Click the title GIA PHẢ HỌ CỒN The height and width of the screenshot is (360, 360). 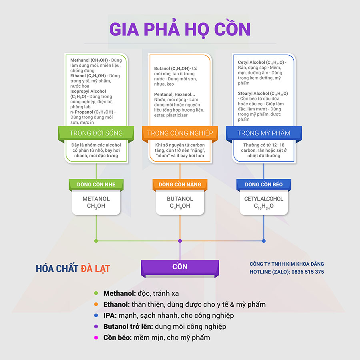(x=180, y=30)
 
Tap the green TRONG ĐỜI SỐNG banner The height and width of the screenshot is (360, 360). (x=96, y=133)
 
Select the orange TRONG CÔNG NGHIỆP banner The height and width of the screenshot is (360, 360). (x=180, y=133)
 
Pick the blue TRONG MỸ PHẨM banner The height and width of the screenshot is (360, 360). (x=264, y=133)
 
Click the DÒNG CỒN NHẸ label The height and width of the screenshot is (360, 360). (x=96, y=184)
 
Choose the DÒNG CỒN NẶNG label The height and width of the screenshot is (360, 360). (x=180, y=184)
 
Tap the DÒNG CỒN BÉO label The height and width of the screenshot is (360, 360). (x=264, y=184)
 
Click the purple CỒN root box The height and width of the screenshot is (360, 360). (x=180, y=267)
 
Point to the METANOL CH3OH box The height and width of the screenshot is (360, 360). (x=96, y=202)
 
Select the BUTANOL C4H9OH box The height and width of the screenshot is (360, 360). (x=180, y=202)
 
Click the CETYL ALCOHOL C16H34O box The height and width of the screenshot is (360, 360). (x=264, y=202)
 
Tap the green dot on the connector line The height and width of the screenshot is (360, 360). (x=96, y=241)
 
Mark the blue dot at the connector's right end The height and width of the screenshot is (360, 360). (x=264, y=241)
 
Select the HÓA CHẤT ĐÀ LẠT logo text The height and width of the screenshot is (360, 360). (x=72, y=269)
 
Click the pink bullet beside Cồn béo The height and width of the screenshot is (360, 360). (x=96, y=338)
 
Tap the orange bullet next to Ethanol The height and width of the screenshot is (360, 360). (x=96, y=304)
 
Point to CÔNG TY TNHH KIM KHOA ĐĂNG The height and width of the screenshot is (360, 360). (x=287, y=264)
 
